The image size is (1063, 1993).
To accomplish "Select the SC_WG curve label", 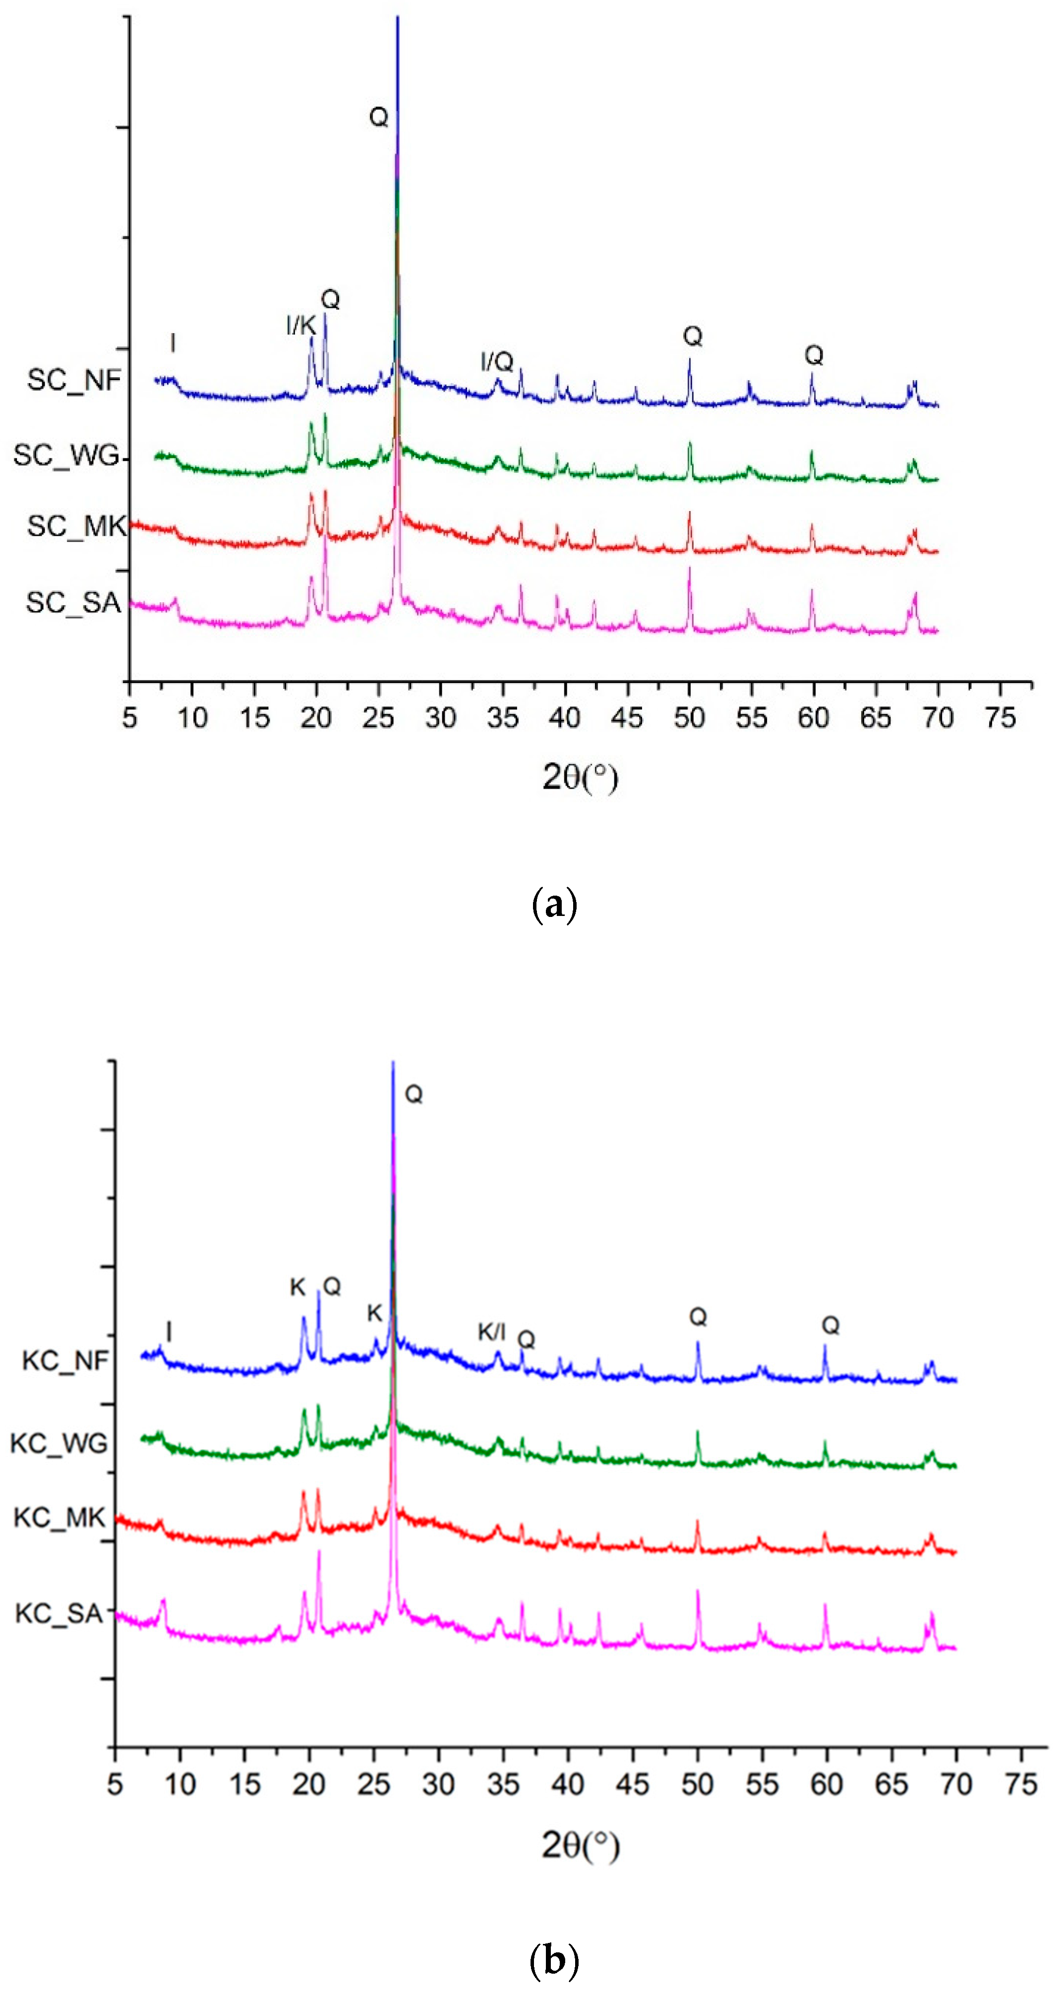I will click(66, 456).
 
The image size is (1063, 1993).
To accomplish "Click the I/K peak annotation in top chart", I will click(301, 325).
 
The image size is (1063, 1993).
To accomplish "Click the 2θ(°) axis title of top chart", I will click(580, 777).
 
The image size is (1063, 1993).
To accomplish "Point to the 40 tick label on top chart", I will click(565, 718).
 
